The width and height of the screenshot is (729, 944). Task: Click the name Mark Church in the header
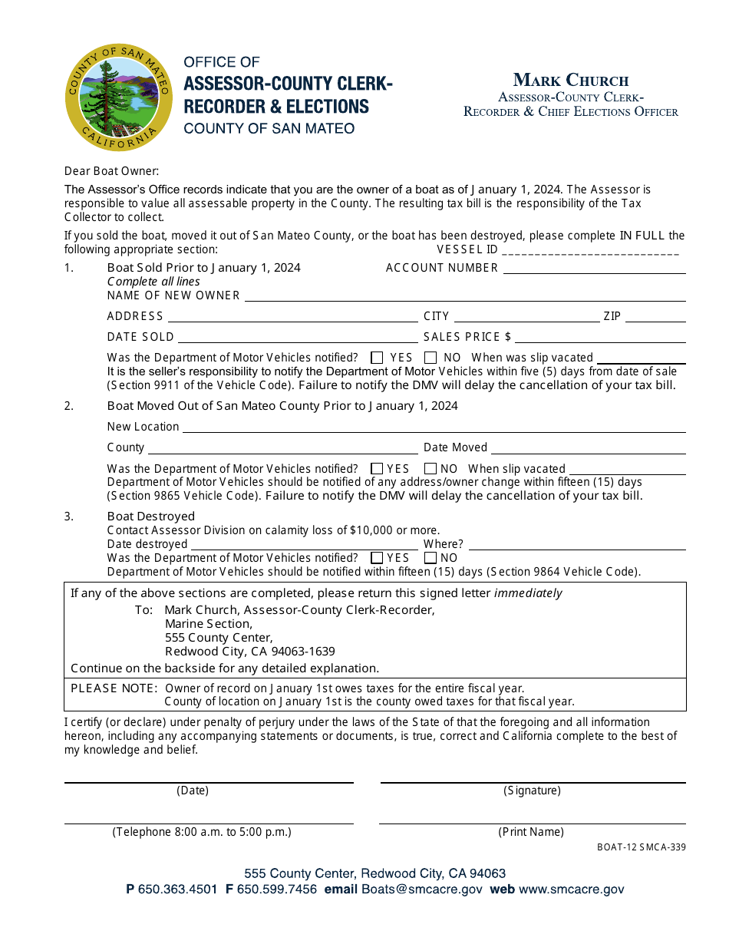click(571, 81)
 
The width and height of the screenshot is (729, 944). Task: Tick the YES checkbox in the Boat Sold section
click(377, 358)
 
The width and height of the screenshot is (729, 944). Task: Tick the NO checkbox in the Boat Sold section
click(430, 358)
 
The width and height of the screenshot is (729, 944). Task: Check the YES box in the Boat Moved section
click(377, 469)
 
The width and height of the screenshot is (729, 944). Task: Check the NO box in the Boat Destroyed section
click(430, 558)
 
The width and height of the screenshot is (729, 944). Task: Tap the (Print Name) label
click(531, 832)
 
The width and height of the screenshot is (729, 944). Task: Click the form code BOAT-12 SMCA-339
click(642, 848)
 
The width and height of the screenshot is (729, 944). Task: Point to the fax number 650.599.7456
click(277, 890)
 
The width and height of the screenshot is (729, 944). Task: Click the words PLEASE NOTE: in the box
click(114, 688)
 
